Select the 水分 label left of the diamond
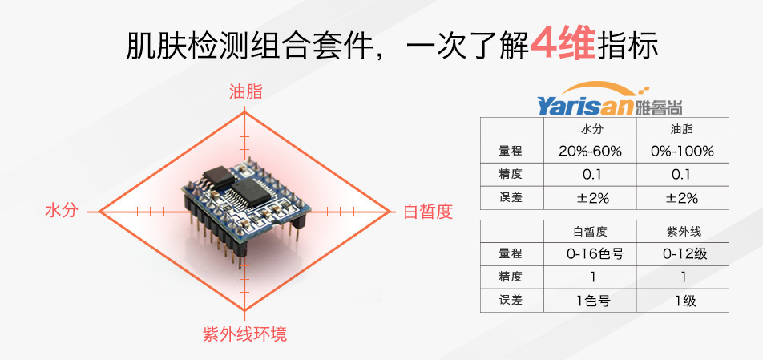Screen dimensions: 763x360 pyautogui.click(x=62, y=211)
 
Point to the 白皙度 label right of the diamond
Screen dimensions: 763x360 pyautogui.click(x=428, y=212)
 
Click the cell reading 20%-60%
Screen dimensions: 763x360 pyautogui.click(x=590, y=151)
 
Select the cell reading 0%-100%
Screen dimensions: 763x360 pyautogui.click(x=682, y=151)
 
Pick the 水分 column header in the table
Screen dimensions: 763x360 pyautogui.click(x=590, y=128)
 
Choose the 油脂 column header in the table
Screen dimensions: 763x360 pyautogui.click(x=682, y=128)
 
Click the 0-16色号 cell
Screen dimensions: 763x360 pyautogui.click(x=590, y=254)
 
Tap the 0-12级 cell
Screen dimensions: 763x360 pyautogui.click(x=682, y=254)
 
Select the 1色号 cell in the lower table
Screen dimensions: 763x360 pyautogui.click(x=590, y=301)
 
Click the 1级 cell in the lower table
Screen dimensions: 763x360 pyautogui.click(x=682, y=301)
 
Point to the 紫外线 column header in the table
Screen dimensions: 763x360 pyautogui.click(x=682, y=231)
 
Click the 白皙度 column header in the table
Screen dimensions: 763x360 pyautogui.click(x=590, y=231)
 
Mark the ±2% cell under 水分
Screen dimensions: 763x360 pyautogui.click(x=590, y=197)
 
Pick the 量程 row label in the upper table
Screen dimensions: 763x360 pyautogui.click(x=511, y=151)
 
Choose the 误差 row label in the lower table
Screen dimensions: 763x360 pyautogui.click(x=511, y=301)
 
